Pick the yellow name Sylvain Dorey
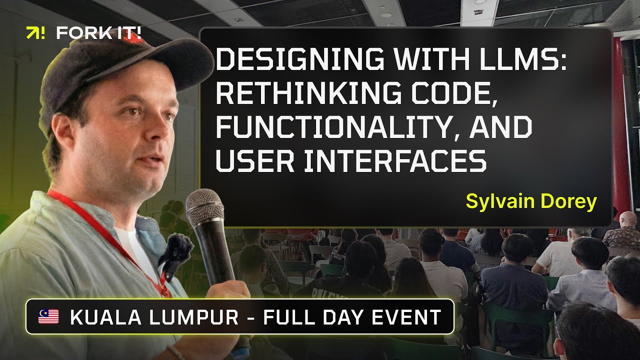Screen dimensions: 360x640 tap(531, 201)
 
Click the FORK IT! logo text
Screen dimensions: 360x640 tap(99, 33)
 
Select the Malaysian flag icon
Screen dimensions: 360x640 tap(48, 316)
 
